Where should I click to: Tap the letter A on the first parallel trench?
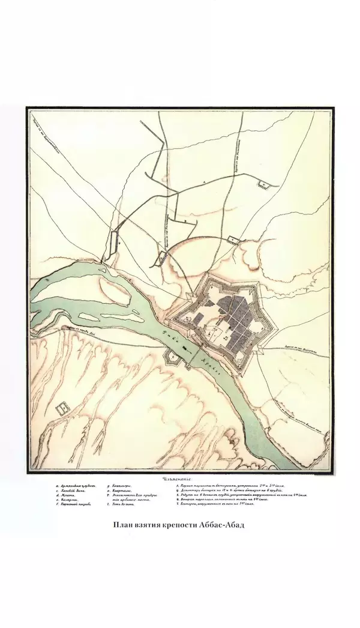[x=204, y=179]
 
